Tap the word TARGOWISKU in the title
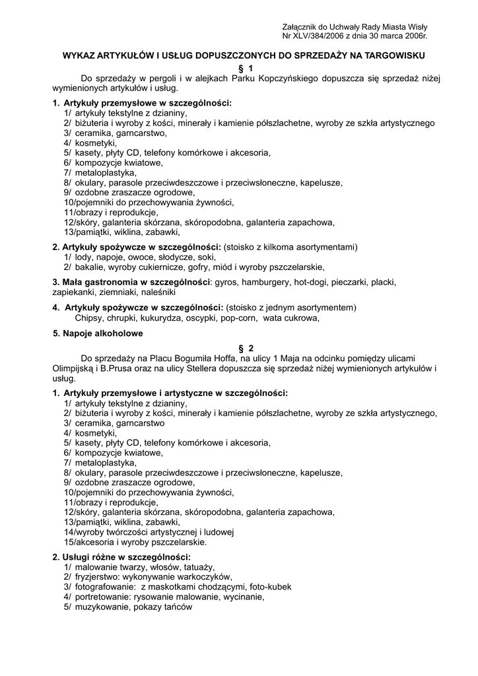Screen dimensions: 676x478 point(395,55)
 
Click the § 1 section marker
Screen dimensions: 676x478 point(245,67)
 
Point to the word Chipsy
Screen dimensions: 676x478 point(90,318)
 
